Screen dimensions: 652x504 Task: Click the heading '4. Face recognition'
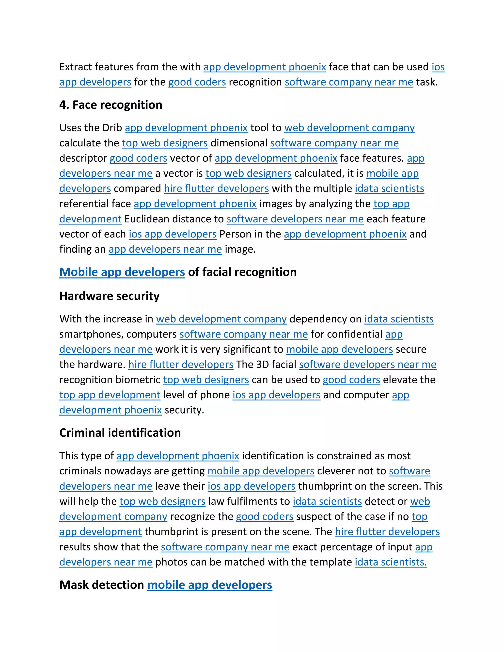[x=111, y=105]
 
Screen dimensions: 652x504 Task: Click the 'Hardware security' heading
[x=109, y=296]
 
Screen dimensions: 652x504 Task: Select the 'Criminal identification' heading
[x=120, y=433]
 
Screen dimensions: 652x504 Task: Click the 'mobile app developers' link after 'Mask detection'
[x=210, y=585]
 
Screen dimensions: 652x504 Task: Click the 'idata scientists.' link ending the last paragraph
[x=391, y=562]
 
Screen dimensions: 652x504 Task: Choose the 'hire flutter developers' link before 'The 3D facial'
[x=181, y=365]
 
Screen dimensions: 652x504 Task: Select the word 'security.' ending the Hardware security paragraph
[x=184, y=410]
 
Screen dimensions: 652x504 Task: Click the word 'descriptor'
[x=83, y=158]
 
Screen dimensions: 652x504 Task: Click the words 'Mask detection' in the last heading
[x=102, y=585]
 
